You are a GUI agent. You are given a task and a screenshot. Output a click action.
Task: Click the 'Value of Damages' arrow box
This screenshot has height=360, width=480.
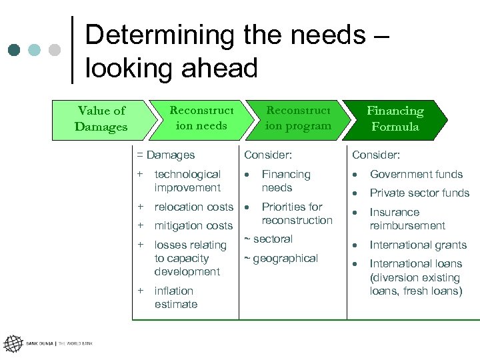[x=100, y=119]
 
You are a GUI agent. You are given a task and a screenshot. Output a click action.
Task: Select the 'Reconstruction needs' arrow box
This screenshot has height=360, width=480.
[x=201, y=118]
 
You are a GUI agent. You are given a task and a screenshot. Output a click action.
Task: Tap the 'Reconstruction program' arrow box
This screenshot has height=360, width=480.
[x=297, y=118]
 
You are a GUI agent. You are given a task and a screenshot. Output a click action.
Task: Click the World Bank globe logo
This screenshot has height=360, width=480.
[x=13, y=343]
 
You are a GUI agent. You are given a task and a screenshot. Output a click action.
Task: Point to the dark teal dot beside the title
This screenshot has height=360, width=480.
[x=14, y=50]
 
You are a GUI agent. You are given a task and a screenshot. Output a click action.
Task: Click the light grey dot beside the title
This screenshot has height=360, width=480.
[x=55, y=50]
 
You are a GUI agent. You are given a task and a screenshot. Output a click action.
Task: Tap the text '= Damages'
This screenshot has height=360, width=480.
[x=166, y=155]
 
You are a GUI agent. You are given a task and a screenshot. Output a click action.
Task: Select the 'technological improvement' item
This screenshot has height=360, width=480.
[x=187, y=181]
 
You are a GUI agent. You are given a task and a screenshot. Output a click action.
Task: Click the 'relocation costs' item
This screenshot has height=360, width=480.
[x=193, y=207]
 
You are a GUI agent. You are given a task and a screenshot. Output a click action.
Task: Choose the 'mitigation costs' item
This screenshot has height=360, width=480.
[x=193, y=226]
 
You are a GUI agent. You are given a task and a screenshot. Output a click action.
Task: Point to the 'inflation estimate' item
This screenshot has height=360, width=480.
[x=176, y=297]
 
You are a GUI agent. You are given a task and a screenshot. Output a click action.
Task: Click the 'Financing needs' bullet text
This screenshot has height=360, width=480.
[x=286, y=181]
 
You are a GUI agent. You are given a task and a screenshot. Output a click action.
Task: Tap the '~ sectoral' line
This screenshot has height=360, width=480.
[x=268, y=239]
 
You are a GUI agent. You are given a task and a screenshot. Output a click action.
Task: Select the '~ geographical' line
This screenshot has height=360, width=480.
[x=281, y=259]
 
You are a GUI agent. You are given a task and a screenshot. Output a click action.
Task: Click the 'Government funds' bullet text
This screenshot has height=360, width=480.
[x=416, y=174]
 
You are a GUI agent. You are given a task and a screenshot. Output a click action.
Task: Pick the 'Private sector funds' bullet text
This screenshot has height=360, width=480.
[x=419, y=193]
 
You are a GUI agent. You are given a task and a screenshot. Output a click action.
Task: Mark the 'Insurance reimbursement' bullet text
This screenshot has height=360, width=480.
[x=407, y=219]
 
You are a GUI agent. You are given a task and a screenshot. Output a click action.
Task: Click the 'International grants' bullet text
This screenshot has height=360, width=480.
[x=418, y=245]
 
